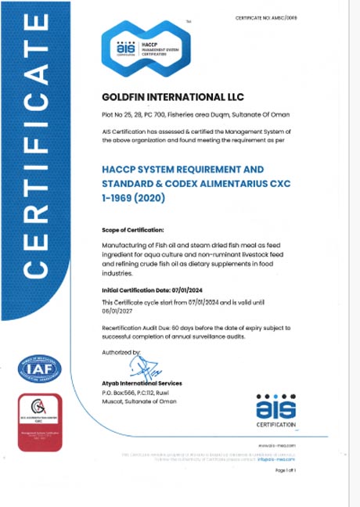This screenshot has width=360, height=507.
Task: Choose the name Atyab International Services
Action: (142, 383)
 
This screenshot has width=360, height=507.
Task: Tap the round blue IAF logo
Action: (39, 369)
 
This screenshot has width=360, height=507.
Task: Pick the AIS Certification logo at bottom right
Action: (277, 411)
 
